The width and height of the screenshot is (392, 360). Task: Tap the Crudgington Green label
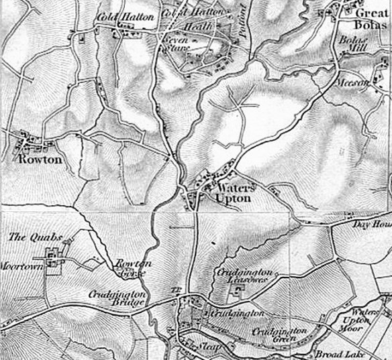279,335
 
